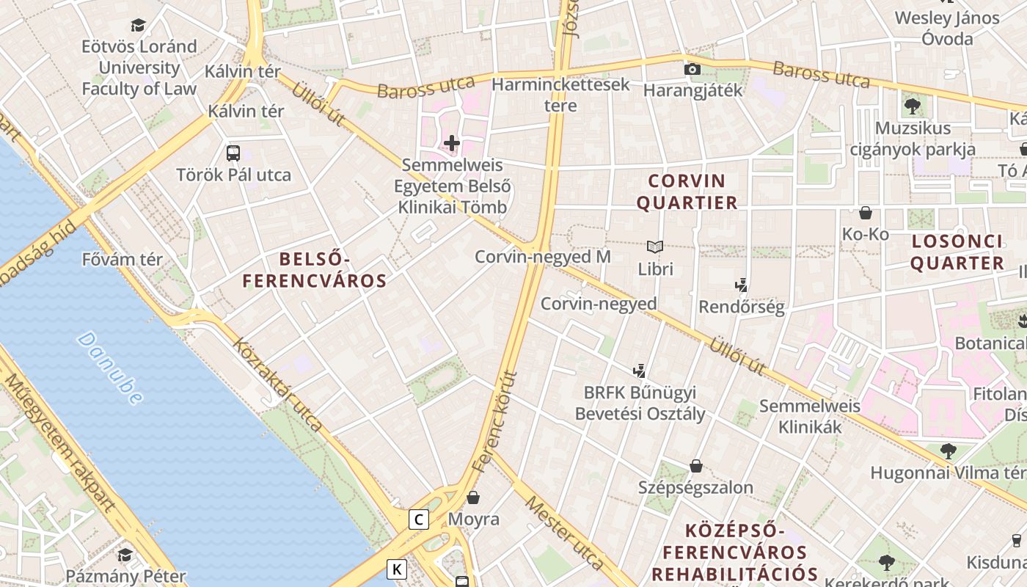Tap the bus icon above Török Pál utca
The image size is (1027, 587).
point(233,153)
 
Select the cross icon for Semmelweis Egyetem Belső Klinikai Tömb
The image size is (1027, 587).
point(452,143)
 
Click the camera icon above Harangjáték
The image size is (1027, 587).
point(692,70)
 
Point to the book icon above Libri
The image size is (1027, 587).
point(655,247)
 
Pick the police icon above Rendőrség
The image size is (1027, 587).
point(742,285)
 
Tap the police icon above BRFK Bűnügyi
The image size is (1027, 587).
point(640,371)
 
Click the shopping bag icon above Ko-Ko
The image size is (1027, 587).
point(866,214)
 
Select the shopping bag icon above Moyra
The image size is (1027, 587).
point(474,497)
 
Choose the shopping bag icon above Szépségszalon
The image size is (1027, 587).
point(695,466)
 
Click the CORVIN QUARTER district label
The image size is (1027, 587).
point(687,192)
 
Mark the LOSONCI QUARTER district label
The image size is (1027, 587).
point(957,252)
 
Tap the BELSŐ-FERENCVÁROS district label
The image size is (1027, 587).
point(315,269)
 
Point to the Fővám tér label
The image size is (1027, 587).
point(123,259)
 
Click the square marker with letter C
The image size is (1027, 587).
point(418,519)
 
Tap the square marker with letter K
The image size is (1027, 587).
point(397,569)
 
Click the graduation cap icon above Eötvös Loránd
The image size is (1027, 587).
point(139,26)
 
